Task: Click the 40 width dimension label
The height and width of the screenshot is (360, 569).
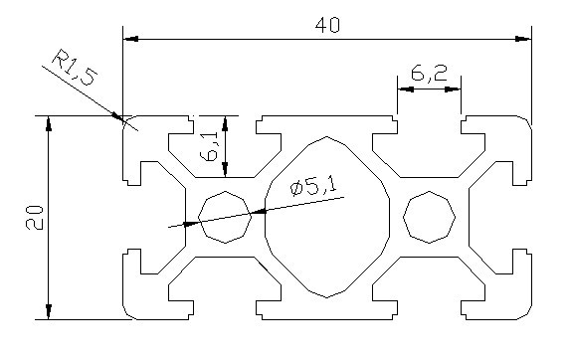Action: click(327, 25)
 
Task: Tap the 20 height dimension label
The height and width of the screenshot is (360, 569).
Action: click(35, 218)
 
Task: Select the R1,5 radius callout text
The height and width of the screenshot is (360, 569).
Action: click(75, 68)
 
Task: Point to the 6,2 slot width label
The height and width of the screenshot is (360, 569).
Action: click(429, 73)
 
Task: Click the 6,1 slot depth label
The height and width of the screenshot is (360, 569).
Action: click(209, 146)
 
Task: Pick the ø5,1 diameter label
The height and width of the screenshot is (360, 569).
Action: click(313, 186)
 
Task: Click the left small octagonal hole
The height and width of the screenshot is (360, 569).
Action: click(225, 217)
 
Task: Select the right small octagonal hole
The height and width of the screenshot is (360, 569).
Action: click(430, 217)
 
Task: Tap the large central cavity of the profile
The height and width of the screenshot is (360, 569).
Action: click(327, 217)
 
